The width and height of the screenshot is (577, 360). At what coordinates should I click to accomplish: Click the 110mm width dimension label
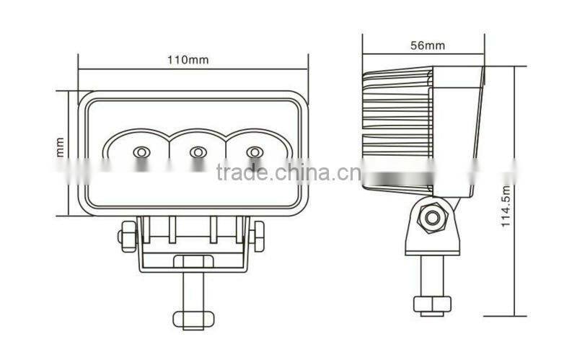coord(193,61)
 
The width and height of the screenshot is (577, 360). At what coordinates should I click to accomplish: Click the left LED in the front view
coord(141,152)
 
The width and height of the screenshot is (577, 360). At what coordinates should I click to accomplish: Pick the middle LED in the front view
coord(197,152)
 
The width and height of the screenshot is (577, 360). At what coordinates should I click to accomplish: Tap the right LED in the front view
coord(253,152)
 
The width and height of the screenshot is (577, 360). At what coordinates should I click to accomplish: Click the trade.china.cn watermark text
coord(283,173)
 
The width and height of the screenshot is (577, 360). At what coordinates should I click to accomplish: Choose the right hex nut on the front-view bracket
coord(257,235)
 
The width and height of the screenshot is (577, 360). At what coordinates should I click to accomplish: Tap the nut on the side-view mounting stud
coord(431,303)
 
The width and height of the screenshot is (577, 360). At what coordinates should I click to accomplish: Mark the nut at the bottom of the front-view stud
coord(193,317)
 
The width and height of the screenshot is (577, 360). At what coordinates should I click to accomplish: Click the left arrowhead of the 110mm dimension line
coord(82,70)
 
